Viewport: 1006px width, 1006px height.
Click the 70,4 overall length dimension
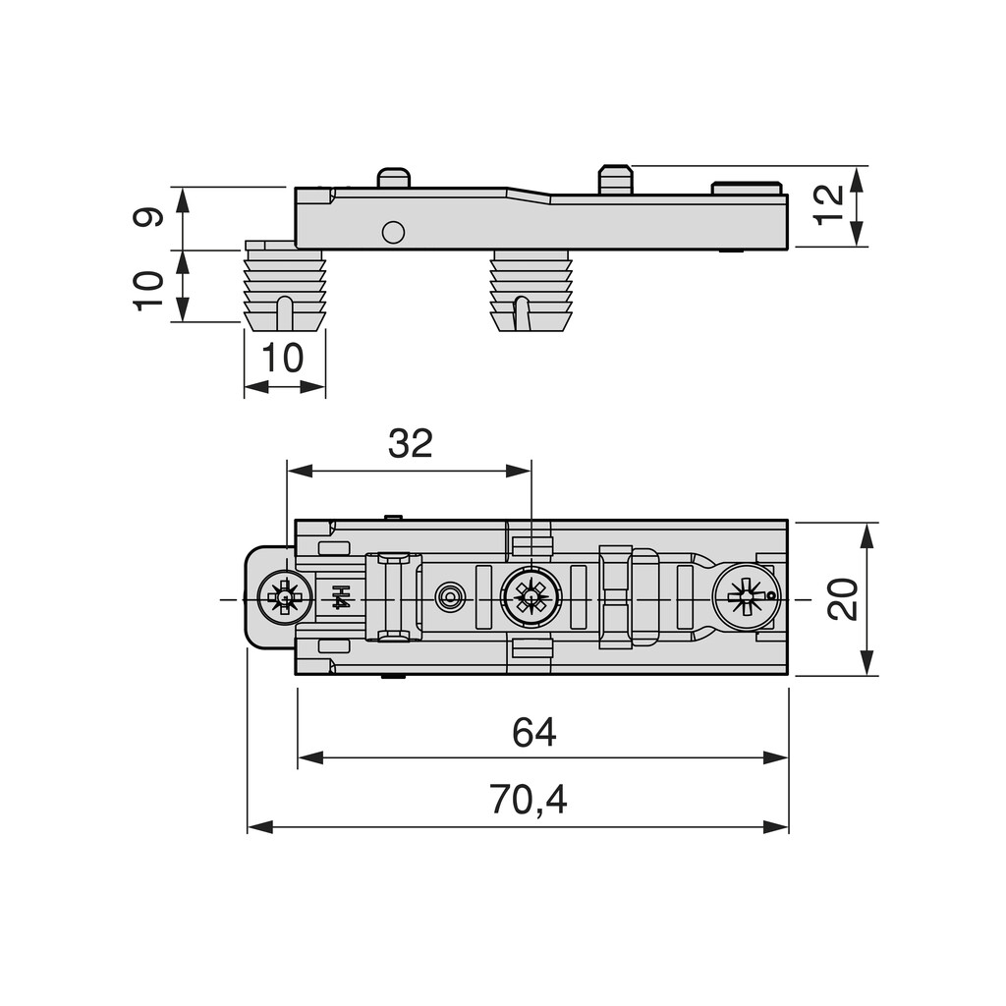(529, 802)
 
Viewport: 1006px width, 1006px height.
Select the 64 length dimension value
(533, 733)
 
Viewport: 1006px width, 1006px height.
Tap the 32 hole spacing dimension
(410, 444)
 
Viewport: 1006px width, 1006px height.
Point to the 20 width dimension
(843, 598)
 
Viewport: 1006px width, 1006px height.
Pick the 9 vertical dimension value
(148, 216)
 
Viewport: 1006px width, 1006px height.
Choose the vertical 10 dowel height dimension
(148, 290)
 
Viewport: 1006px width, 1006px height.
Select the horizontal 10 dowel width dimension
(283, 359)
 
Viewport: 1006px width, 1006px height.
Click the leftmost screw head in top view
(282, 596)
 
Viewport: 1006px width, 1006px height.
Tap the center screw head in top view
(531, 596)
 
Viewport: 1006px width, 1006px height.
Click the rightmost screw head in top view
(746, 596)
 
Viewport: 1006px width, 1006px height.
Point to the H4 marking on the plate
(340, 596)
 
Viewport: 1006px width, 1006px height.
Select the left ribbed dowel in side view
(284, 287)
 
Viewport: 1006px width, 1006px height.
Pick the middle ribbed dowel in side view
(530, 290)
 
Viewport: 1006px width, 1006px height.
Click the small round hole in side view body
(393, 232)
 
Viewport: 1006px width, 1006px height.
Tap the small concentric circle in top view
(450, 596)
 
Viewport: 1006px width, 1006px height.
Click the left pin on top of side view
(393, 178)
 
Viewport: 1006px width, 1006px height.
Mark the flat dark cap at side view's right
(746, 188)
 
